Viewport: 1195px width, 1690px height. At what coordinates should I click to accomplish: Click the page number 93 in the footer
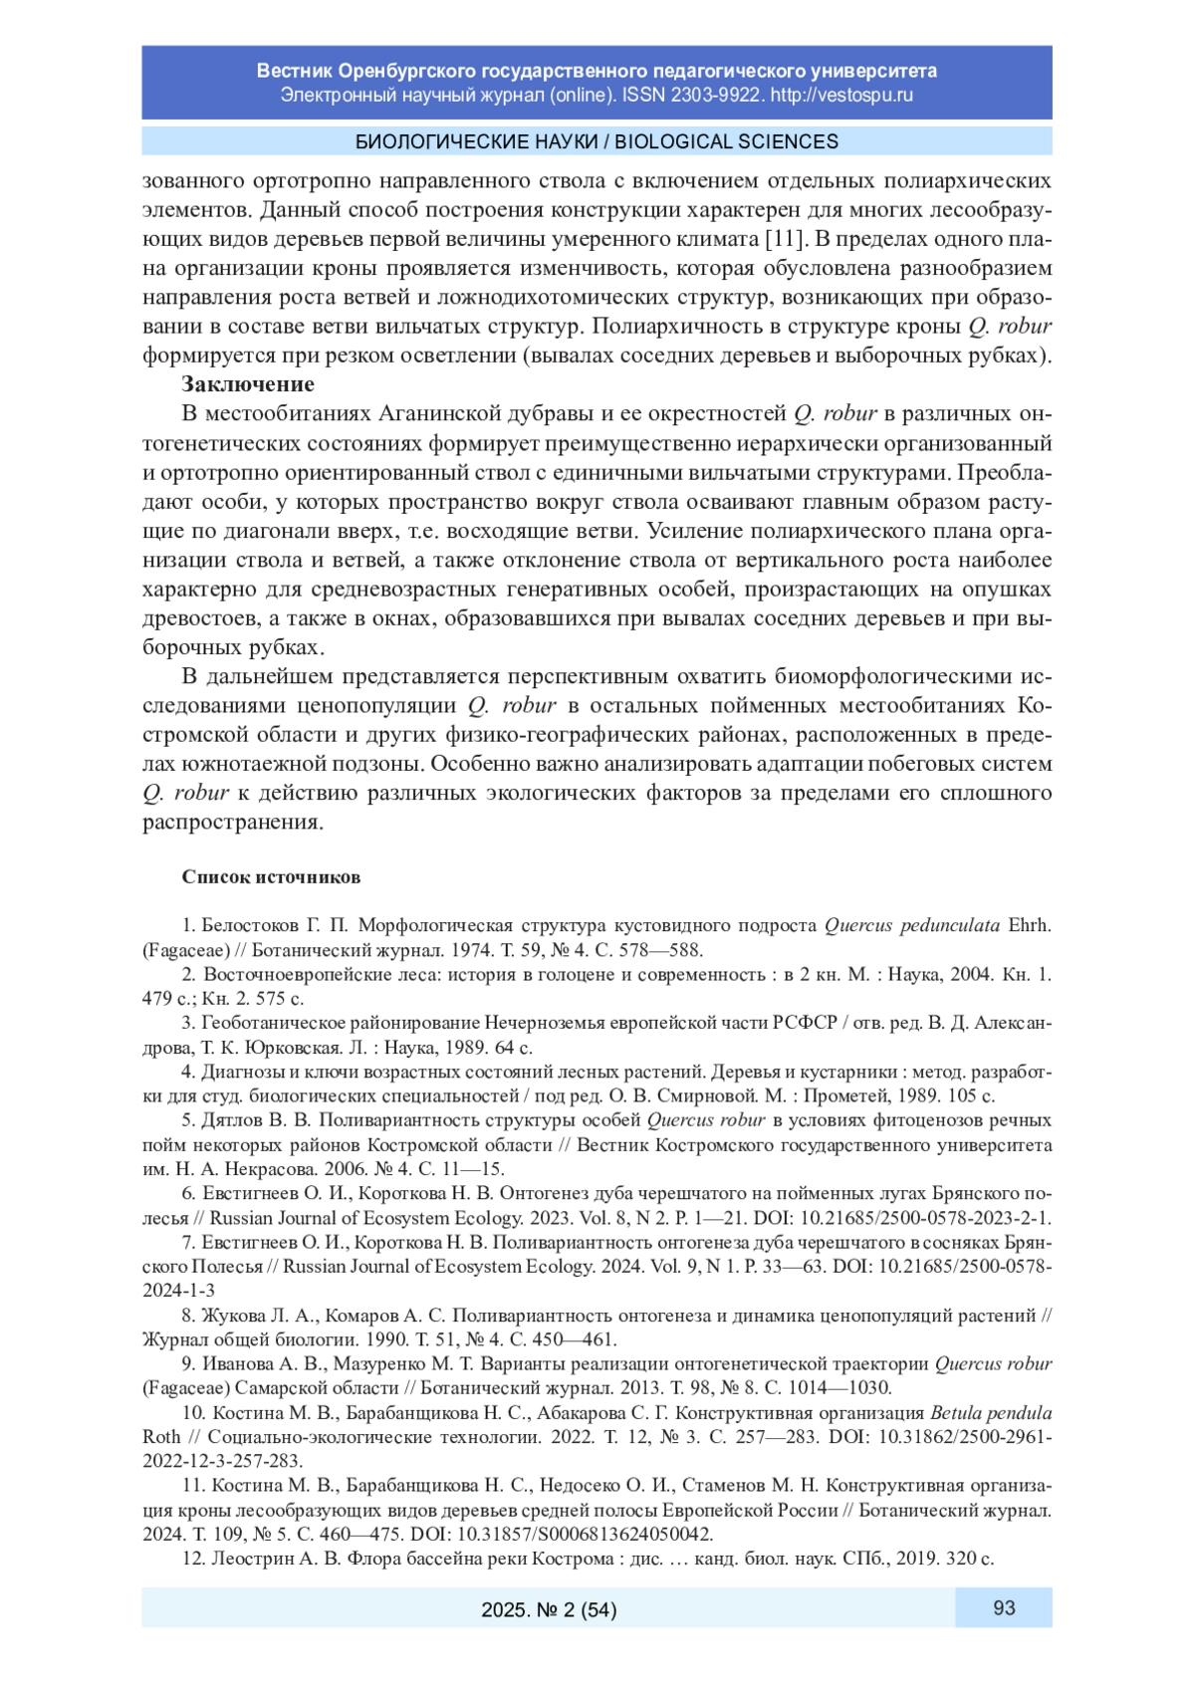1003,1607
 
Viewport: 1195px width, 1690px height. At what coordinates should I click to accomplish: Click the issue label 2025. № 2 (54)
549,1609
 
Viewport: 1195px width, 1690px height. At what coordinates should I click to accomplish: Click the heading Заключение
248,384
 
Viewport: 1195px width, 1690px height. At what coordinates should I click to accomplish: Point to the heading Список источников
271,877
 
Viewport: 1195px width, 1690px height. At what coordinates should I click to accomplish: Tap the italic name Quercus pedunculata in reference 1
911,925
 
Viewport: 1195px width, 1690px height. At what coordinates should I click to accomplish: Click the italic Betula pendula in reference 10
991,1413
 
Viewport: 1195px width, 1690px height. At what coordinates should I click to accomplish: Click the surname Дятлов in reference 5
231,1120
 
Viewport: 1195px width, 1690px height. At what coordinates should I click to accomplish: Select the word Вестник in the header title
294,71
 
